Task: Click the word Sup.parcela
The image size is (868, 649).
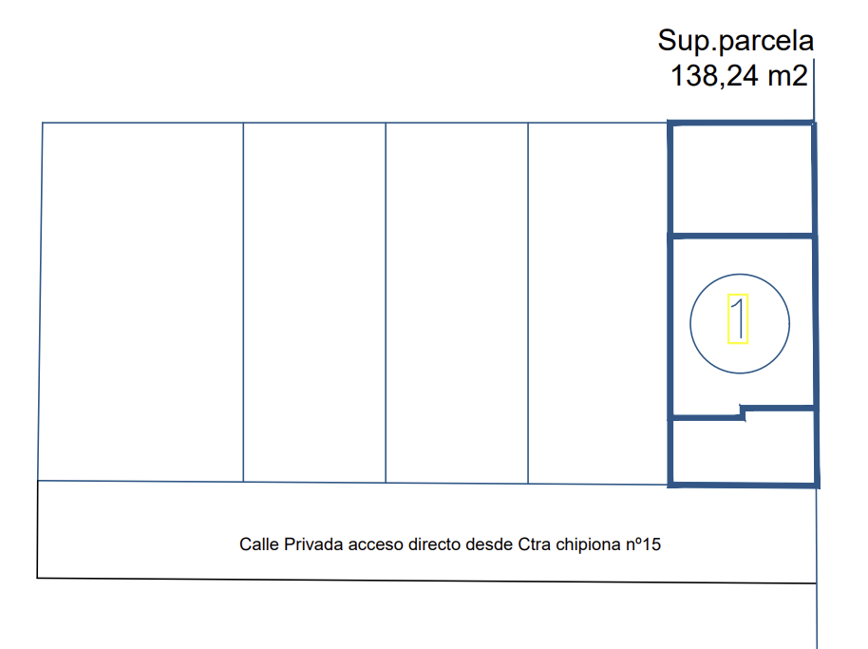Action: pyautogui.click(x=736, y=41)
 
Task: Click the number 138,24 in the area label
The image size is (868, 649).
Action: pyautogui.click(x=715, y=75)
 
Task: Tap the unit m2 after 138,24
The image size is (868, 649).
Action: pyautogui.click(x=787, y=75)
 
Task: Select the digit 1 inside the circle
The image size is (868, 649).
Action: pyautogui.click(x=738, y=319)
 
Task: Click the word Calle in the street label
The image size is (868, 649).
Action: pyautogui.click(x=258, y=544)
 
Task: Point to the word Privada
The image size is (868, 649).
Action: pyautogui.click(x=313, y=544)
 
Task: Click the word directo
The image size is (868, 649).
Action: pyautogui.click(x=434, y=544)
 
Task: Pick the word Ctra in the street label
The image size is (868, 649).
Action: pyautogui.click(x=535, y=544)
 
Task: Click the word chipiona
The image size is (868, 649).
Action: pyautogui.click(x=588, y=544)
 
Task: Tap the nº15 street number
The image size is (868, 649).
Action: pyautogui.click(x=643, y=544)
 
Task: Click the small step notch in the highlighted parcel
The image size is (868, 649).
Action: pyautogui.click(x=743, y=412)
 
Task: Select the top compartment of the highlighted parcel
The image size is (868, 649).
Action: pyautogui.click(x=742, y=180)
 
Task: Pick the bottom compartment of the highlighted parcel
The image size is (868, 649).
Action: pyautogui.click(x=744, y=451)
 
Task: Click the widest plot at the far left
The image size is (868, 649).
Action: pyautogui.click(x=142, y=302)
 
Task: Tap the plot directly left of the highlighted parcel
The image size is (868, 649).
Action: pyautogui.click(x=598, y=303)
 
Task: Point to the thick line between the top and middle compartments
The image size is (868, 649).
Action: pyautogui.click(x=742, y=237)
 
